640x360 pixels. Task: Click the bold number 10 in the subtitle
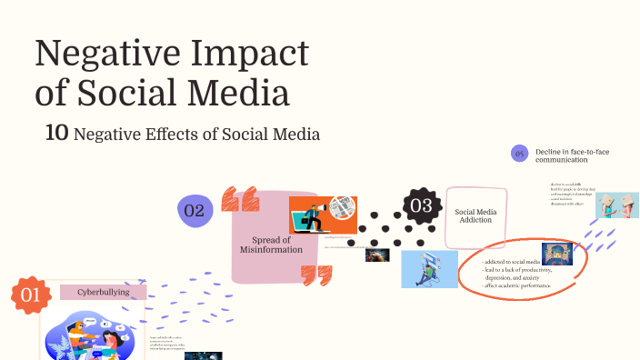pyautogui.click(x=56, y=134)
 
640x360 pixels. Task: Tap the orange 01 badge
pyautogui.click(x=29, y=295)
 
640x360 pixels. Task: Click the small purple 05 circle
pyautogui.click(x=520, y=154)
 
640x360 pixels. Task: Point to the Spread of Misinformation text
pyautogui.click(x=270, y=244)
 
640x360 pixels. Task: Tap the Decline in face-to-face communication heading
pyautogui.click(x=572, y=155)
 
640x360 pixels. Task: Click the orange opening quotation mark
pyautogui.click(x=239, y=198)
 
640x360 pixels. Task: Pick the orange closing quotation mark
pyautogui.click(x=316, y=275)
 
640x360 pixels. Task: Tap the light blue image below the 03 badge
pyautogui.click(x=429, y=269)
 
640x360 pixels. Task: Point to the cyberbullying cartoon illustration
pyautogui.click(x=92, y=335)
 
